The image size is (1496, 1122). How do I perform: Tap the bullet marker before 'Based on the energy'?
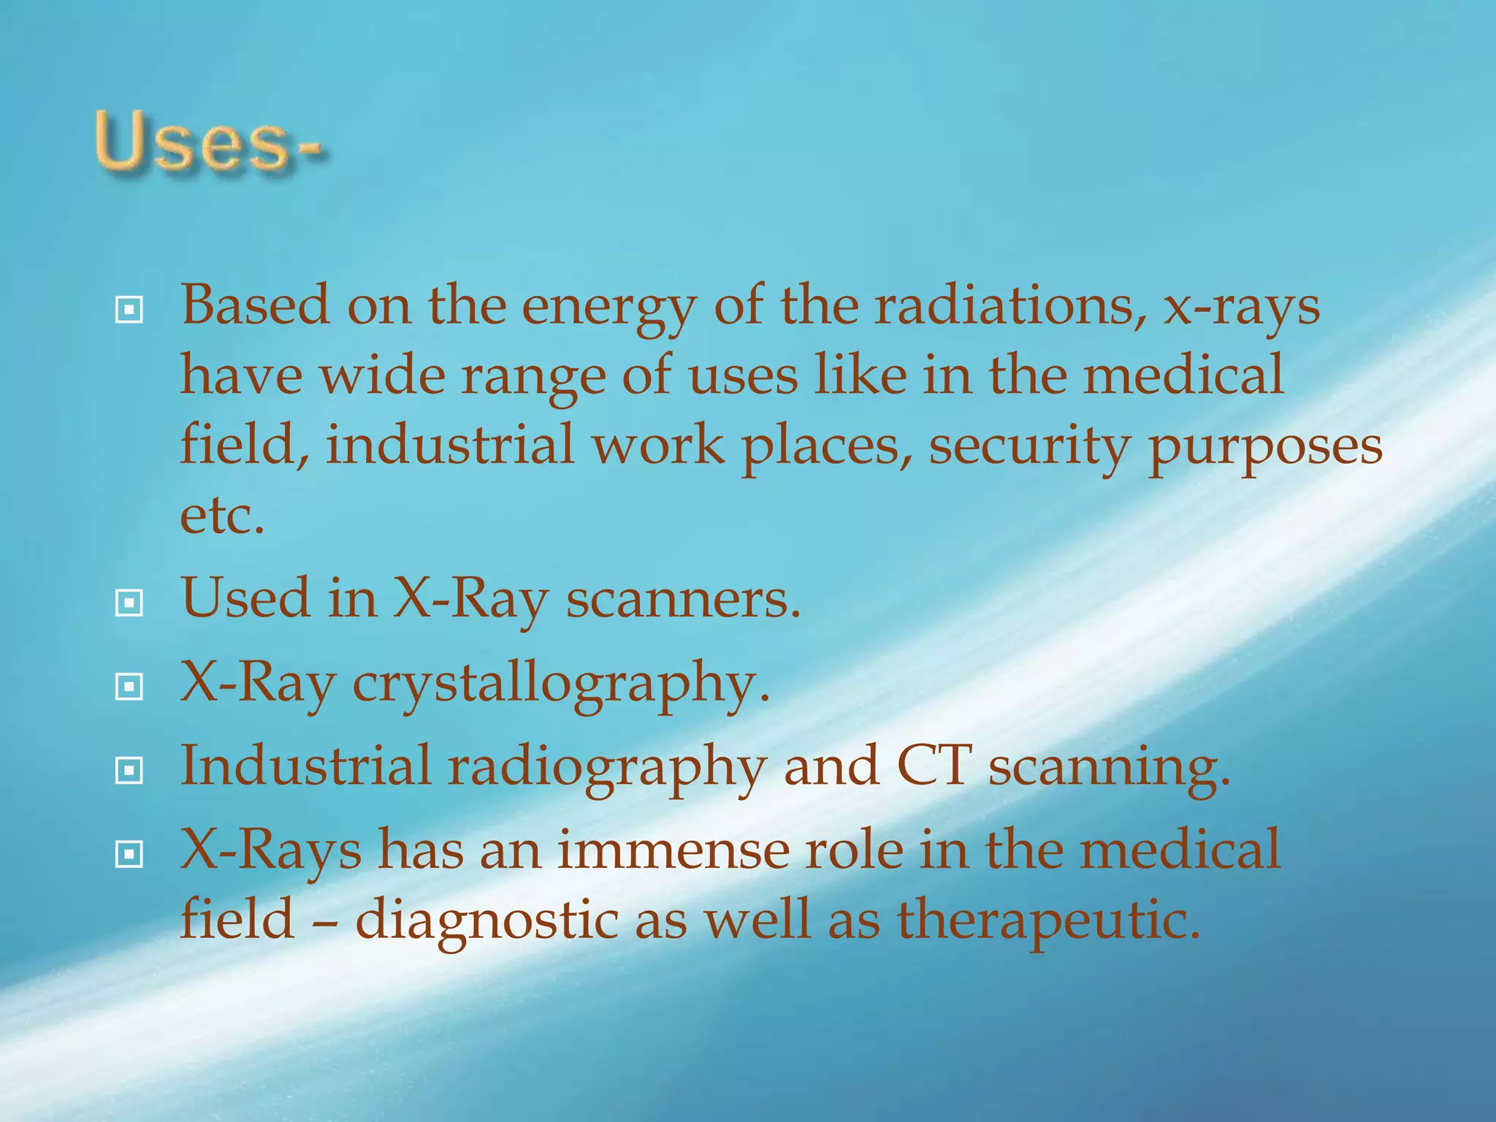click(129, 311)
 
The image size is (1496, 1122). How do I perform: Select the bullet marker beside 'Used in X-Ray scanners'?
click(129, 603)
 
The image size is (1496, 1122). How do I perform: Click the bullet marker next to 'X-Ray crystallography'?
click(129, 687)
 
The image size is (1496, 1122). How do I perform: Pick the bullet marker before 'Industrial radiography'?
click(129, 770)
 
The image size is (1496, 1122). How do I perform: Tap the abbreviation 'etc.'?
click(222, 516)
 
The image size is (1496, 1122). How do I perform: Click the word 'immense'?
click(673, 850)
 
